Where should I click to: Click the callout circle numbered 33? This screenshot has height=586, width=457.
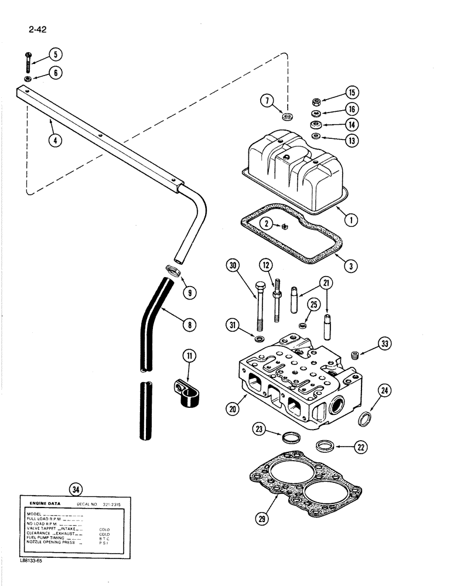tap(384, 343)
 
